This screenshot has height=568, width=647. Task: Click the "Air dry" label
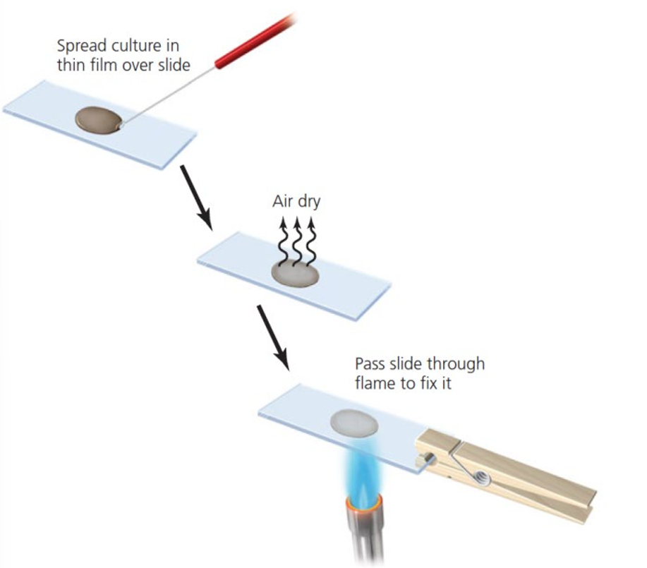[296, 202]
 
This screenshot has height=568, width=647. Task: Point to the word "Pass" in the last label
[370, 365]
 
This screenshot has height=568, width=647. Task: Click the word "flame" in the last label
[375, 385]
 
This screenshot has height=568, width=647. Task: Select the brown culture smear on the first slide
[98, 119]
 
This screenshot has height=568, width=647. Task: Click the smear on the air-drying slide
[296, 274]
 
